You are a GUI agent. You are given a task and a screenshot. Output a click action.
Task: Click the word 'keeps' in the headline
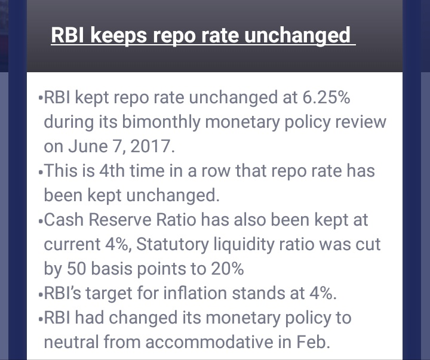click(x=118, y=36)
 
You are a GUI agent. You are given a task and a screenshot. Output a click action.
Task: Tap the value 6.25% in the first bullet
click(x=326, y=97)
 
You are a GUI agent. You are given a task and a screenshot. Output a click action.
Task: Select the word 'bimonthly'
click(x=161, y=122)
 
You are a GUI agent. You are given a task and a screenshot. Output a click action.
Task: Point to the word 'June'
click(x=88, y=146)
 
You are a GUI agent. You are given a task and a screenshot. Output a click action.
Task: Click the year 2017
click(x=150, y=146)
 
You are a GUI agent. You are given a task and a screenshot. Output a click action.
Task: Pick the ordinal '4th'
click(x=112, y=171)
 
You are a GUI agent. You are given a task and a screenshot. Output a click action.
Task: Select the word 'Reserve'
click(x=120, y=220)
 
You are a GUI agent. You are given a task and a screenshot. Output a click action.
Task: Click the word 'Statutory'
click(x=173, y=245)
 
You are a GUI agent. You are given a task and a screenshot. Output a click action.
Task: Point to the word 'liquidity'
click(x=244, y=245)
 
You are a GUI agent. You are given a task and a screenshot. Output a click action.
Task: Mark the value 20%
click(x=228, y=269)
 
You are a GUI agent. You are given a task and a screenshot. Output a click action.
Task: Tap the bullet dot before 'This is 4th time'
click(x=41, y=173)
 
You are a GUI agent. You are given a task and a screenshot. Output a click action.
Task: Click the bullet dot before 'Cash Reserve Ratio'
click(x=41, y=221)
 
